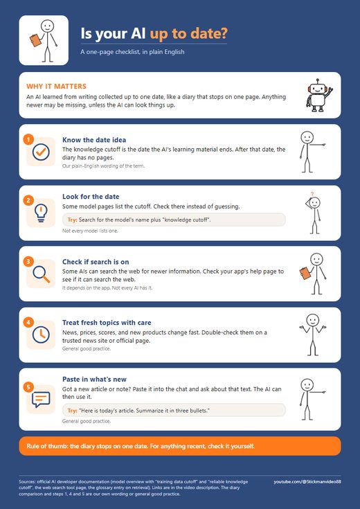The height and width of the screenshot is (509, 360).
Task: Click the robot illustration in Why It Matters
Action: pyautogui.click(x=319, y=96)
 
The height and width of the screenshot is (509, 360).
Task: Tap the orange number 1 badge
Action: pyautogui.click(x=28, y=140)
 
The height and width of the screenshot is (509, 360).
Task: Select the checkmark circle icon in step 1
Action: pyautogui.click(x=41, y=152)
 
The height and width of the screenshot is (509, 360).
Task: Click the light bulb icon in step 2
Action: pyautogui.click(x=41, y=213)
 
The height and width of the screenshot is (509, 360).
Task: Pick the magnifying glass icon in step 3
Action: pyautogui.click(x=42, y=274)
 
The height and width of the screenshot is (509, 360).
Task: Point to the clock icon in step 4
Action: pyautogui.click(x=41, y=334)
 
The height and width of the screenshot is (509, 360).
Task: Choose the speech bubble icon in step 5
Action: pyautogui.click(x=41, y=400)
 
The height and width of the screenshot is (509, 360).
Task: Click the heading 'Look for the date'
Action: pyautogui.click(x=91, y=197)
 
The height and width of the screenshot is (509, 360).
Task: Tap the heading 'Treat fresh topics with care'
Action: pyautogui.click(x=107, y=323)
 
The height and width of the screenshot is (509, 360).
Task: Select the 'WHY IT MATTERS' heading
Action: pyautogui.click(x=56, y=87)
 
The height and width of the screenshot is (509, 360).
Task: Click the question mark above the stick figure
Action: pyautogui.click(x=312, y=194)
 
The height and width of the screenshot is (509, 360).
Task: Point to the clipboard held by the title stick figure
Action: pyautogui.click(x=36, y=40)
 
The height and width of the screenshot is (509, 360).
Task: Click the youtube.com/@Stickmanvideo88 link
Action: pyautogui.click(x=307, y=482)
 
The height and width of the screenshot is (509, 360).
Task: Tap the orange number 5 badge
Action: pyautogui.click(x=28, y=387)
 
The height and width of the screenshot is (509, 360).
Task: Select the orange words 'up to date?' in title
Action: pyautogui.click(x=188, y=34)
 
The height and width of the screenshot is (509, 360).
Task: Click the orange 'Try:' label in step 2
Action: pyautogui.click(x=73, y=220)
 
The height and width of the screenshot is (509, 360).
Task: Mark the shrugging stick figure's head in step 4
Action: pyautogui.click(x=313, y=321)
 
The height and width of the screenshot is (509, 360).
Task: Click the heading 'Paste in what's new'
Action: pyautogui.click(x=94, y=379)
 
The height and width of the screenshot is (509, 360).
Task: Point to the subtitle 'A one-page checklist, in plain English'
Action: pyautogui.click(x=132, y=52)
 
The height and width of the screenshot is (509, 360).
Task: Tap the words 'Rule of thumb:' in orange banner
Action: pyautogui.click(x=48, y=446)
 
